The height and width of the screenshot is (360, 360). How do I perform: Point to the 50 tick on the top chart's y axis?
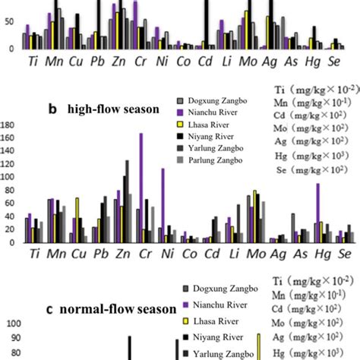(x=10, y=22)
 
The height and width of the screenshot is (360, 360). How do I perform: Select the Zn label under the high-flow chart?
(x=121, y=254)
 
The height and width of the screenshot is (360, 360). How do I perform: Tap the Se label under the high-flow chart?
(x=344, y=254)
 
